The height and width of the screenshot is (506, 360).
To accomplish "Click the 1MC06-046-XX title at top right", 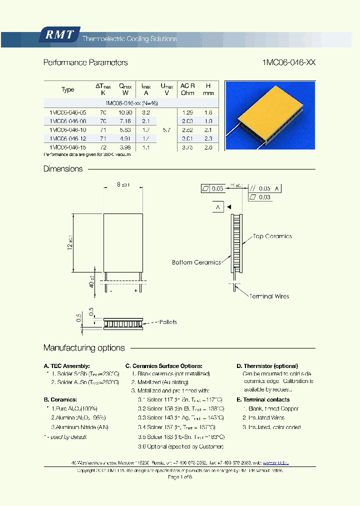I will pos(288,63).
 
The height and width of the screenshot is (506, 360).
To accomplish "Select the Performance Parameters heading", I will pos(85,63).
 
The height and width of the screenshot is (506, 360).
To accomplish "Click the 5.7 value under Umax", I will pos(167,129).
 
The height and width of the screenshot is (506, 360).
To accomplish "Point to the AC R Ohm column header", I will pos(187,89).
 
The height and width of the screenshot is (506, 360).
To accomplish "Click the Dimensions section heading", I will pos(63,169).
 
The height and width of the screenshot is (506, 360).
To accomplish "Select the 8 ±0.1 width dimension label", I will pos(123,184).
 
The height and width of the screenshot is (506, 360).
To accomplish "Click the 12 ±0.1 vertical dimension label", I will pos(69,242).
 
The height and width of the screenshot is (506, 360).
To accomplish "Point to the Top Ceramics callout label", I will pos(272,236).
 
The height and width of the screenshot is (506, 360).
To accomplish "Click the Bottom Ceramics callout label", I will pos(196,262).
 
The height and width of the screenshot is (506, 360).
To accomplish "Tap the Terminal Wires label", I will pos(269,296).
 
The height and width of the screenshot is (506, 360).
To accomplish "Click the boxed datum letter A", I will pos(218,207).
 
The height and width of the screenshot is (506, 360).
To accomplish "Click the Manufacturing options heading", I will pos(84,348).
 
